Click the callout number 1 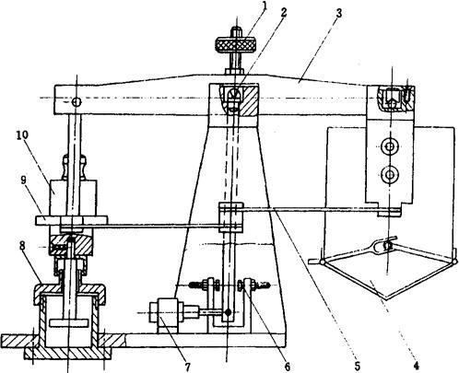click(x=263, y=6)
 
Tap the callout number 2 click(x=283, y=13)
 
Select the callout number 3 click(x=338, y=14)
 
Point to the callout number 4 click(x=416, y=366)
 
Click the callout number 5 click(x=357, y=366)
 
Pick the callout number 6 click(x=287, y=366)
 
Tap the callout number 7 click(x=187, y=366)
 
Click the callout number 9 click(x=24, y=181)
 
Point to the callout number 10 click(x=22, y=135)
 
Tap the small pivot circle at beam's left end click(x=76, y=101)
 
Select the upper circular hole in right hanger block click(x=389, y=146)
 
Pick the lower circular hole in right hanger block click(x=390, y=175)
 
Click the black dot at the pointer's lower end click(x=228, y=312)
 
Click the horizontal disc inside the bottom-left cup click(x=69, y=322)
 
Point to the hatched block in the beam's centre click(x=246, y=100)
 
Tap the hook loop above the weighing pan click(x=387, y=244)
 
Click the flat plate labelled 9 click(x=71, y=220)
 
